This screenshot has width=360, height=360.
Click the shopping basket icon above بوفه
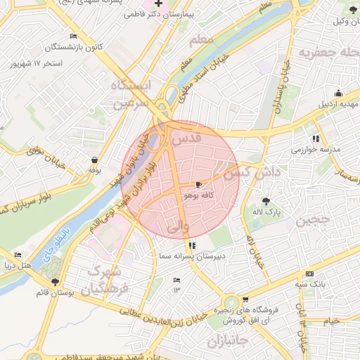coord(94,160)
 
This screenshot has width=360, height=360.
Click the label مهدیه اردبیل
coord(337,104)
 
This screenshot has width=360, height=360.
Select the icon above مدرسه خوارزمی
coord(316,139)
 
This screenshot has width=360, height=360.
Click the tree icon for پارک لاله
coord(265,201)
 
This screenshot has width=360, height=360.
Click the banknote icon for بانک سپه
coord(309,274)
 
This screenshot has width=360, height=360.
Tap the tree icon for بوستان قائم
coord(56,282)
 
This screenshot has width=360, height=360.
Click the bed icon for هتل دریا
coord(18,255)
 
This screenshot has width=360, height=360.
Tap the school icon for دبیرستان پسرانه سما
coord(193,245)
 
